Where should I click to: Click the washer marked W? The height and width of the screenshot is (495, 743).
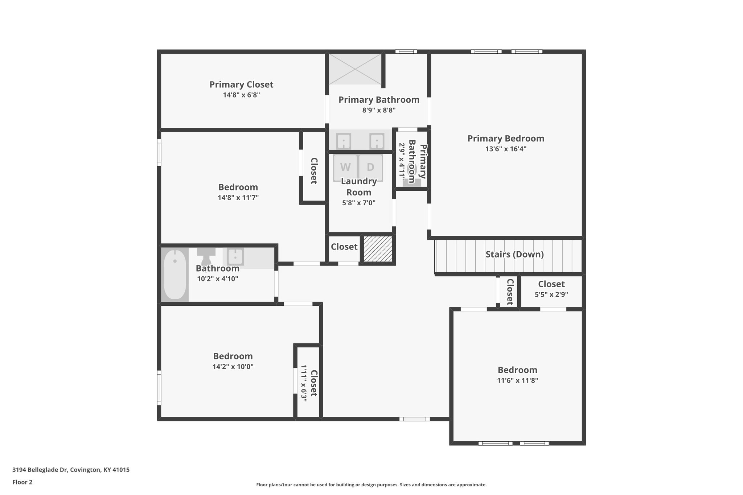[345, 168]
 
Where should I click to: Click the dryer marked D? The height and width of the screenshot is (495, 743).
[370, 168]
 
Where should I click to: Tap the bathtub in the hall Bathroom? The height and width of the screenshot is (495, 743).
[175, 275]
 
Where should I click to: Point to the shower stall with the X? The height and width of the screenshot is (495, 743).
[355, 69]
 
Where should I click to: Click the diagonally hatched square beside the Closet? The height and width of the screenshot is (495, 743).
[378, 249]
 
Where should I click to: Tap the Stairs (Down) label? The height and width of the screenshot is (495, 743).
[514, 254]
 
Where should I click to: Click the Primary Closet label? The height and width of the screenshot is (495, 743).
[241, 84]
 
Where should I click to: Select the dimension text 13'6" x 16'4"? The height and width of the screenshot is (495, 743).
[506, 149]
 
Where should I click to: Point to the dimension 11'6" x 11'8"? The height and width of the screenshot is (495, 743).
[517, 380]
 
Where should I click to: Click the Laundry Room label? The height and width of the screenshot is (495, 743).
[359, 187]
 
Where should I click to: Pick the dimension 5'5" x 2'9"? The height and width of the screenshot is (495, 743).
[551, 294]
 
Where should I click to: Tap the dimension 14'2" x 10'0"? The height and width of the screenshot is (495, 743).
[233, 367]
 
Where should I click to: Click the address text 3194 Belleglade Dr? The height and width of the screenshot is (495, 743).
[40, 470]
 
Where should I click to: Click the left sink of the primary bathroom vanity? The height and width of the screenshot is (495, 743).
[343, 141]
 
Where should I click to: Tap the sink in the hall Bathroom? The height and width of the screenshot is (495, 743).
[235, 257]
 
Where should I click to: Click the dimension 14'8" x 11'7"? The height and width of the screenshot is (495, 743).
[238, 198]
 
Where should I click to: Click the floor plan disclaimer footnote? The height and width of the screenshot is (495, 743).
[371, 484]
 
